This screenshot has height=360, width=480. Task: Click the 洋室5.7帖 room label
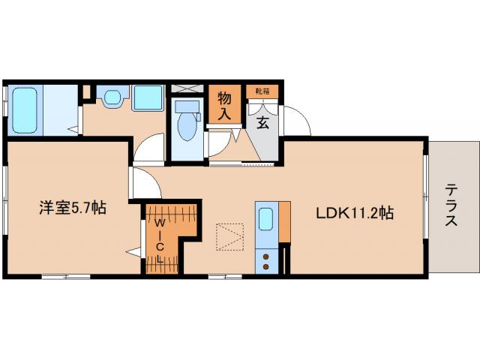pyautogui.click(x=73, y=208)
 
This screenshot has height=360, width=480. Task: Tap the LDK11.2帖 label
pyautogui.click(x=355, y=213)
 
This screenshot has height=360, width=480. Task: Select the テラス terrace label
pyautogui.click(x=451, y=205)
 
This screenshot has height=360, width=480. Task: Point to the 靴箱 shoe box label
pyautogui.click(x=262, y=91)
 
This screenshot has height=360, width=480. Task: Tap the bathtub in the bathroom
pyautogui.click(x=25, y=110)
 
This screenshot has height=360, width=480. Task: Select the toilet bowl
pyautogui.click(x=187, y=127)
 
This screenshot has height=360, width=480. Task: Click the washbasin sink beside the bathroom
pyautogui.click(x=112, y=98)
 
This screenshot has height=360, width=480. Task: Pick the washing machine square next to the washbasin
pyautogui.click(x=148, y=97)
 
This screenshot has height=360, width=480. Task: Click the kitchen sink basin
pyautogui.click(x=265, y=219)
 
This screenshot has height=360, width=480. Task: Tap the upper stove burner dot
pyautogui.click(x=266, y=256)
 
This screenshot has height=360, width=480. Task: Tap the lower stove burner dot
pyautogui.click(x=266, y=267)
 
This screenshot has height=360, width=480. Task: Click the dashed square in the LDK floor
pyautogui.click(x=230, y=237)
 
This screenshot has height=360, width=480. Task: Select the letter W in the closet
pyautogui.click(x=159, y=223)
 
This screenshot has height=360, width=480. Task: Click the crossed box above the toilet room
pyautogui.click(x=187, y=88)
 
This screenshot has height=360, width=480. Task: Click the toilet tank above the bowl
pyautogui.click(x=187, y=107)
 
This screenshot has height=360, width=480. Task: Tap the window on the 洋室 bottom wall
pyautogui.click(x=66, y=277)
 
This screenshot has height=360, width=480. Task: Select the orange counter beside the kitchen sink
pyautogui.click(x=285, y=222)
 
